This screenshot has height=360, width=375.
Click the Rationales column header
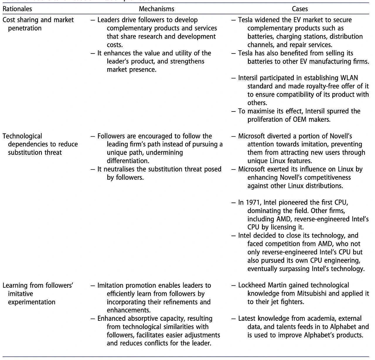coord(17,9)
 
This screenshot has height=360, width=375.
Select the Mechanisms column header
coord(156,9)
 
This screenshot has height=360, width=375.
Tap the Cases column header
coord(300,9)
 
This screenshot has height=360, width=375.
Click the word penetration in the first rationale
coord(25,28)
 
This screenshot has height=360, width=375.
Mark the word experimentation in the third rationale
coord(32,302)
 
